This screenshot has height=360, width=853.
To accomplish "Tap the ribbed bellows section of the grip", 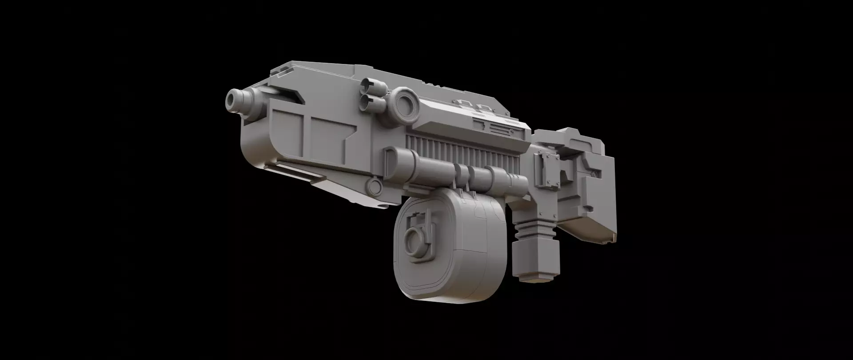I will click(531, 230).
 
